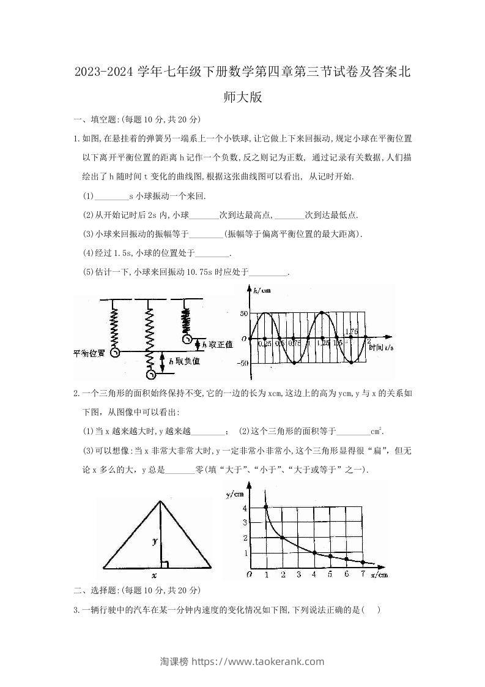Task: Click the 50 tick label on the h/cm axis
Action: [x=244, y=313]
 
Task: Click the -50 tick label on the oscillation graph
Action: [x=244, y=363]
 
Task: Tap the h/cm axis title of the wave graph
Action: [x=263, y=290]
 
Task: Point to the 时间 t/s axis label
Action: [x=380, y=347]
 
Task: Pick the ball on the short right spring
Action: [x=187, y=339]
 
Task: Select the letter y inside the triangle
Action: [x=155, y=541]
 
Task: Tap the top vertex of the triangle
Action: [x=160, y=501]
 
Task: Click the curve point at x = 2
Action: [x=282, y=538]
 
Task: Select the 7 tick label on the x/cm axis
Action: [x=363, y=574]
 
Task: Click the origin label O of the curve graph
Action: [x=248, y=574]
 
